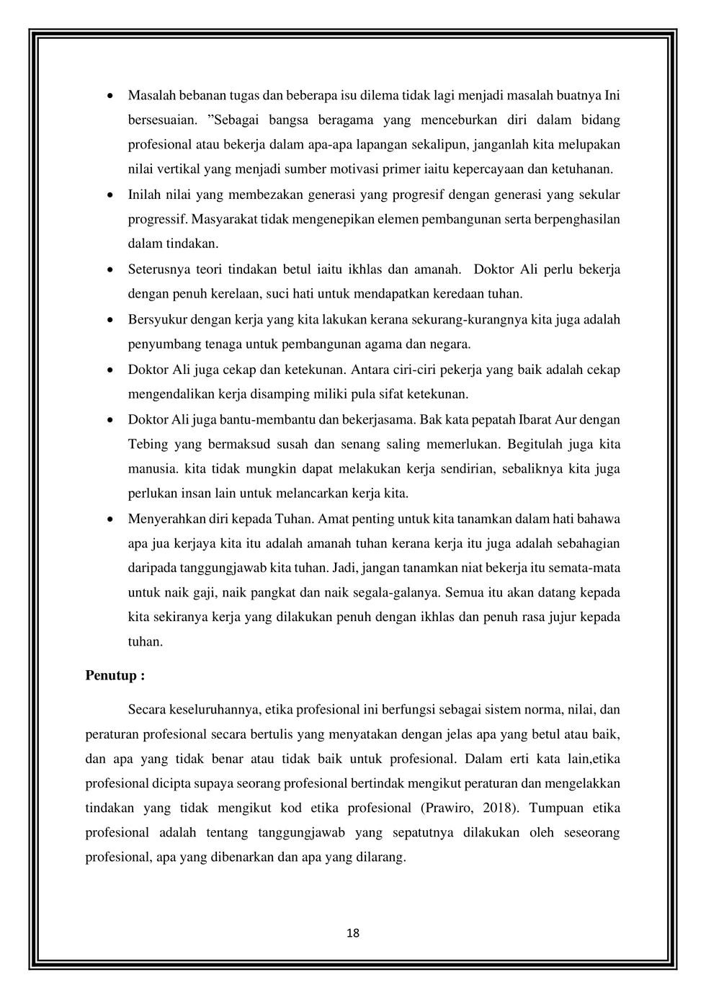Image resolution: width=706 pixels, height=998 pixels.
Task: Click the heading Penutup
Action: [x=115, y=676]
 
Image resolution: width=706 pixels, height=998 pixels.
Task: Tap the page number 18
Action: [x=353, y=933]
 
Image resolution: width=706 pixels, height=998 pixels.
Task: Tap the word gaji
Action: [x=205, y=593]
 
